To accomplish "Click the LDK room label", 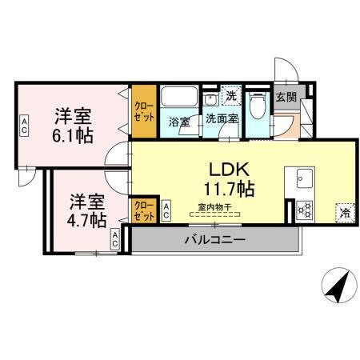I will tap(231, 170).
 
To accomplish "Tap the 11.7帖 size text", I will tap(231, 190).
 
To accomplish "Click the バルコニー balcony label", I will tap(214, 238).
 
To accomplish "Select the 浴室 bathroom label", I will tap(178, 122).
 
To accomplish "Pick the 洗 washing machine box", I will tap(230, 94).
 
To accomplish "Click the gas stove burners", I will tap(303, 210).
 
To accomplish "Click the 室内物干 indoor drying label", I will tap(214, 207).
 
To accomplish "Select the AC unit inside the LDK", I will tap(166, 211).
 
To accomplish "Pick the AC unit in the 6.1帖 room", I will tap(25, 126).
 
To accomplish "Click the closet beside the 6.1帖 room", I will tap(144, 109).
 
